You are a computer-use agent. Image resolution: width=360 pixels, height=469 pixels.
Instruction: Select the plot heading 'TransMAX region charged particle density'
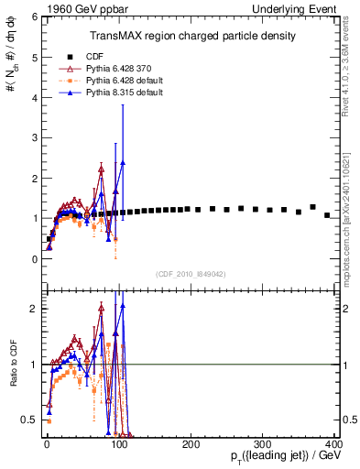click(x=191, y=36)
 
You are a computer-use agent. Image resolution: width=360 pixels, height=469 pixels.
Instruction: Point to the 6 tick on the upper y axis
click(x=34, y=16)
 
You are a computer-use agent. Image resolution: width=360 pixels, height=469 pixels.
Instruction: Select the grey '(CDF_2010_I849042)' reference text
click(x=191, y=273)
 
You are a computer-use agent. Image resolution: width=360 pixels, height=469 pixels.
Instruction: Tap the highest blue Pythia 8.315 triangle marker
click(x=123, y=162)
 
